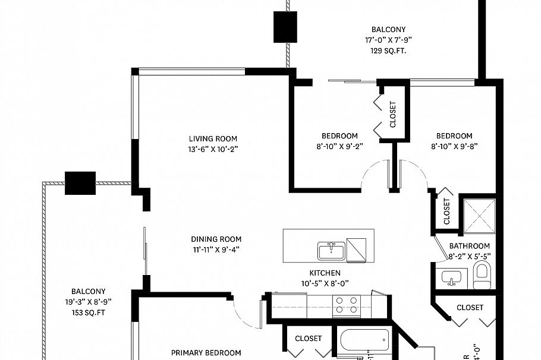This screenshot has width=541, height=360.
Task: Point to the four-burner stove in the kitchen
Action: [x=346, y=305]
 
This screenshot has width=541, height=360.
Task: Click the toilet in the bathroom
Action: [x=482, y=275]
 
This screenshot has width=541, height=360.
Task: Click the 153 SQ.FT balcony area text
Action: [x=88, y=312]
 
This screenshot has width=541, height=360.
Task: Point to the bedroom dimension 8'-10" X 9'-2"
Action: [x=339, y=146]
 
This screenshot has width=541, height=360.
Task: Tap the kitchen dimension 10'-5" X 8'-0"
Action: [x=325, y=283]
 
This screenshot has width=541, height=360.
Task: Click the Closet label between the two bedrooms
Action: [x=392, y=114]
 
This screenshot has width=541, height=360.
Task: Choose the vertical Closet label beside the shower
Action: [x=447, y=211]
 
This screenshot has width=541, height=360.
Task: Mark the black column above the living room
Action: [x=284, y=27]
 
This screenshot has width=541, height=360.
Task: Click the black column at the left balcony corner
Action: [x=80, y=183]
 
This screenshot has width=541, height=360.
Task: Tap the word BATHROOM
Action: [x=469, y=246]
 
